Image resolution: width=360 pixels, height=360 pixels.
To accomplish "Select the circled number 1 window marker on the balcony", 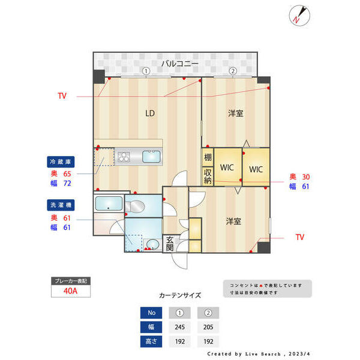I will pyautogui.click(x=145, y=71).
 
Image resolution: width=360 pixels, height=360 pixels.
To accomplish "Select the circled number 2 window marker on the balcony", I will pyautogui.click(x=232, y=71).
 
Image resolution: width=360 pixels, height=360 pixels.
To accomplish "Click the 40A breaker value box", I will pyautogui.click(x=70, y=292).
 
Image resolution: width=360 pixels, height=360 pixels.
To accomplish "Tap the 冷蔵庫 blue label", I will pyautogui.click(x=61, y=162).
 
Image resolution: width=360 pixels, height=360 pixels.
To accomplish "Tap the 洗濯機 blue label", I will pyautogui.click(x=61, y=205).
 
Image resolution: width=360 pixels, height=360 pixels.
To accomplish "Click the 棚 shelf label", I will pyautogui.click(x=207, y=158).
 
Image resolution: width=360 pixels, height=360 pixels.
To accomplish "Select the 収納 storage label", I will pyautogui.click(x=207, y=176).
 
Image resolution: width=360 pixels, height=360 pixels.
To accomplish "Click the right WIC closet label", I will pyautogui.click(x=256, y=169).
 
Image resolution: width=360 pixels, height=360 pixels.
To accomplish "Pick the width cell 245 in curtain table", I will pyautogui.click(x=180, y=327).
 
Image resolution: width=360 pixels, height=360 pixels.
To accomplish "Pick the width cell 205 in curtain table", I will pyautogui.click(x=208, y=327).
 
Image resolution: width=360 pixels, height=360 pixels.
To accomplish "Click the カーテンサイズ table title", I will pyautogui.click(x=180, y=296).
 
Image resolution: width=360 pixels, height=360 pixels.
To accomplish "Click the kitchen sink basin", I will pyautogui.click(x=150, y=157).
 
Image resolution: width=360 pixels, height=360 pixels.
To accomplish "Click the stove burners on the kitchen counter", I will pyautogui.click(x=124, y=157).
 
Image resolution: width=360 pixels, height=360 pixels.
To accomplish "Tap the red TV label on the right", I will pyautogui.click(x=299, y=238).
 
